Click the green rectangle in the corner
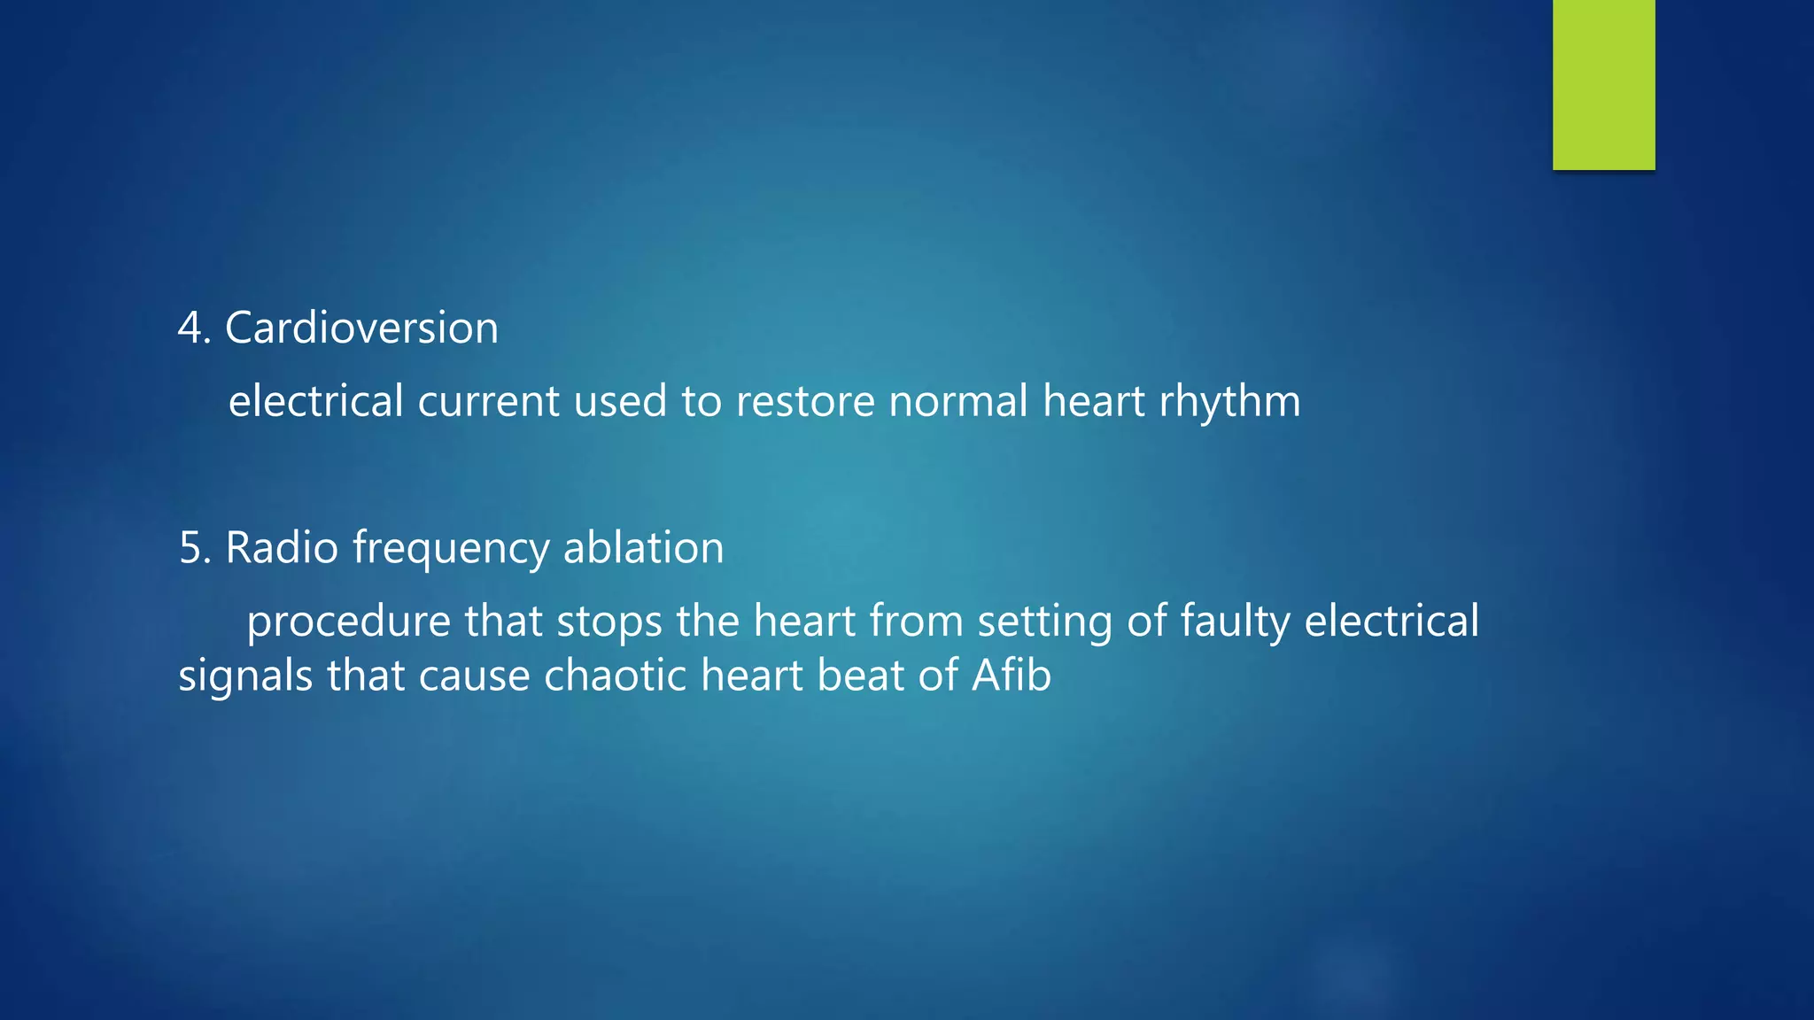[1603, 84]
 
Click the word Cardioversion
[361, 328]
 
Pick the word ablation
[643, 547]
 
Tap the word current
[488, 401]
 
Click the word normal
[957, 401]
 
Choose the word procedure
[348, 622]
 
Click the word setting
[1044, 622]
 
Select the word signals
[245, 676]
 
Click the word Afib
[1011, 676]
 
